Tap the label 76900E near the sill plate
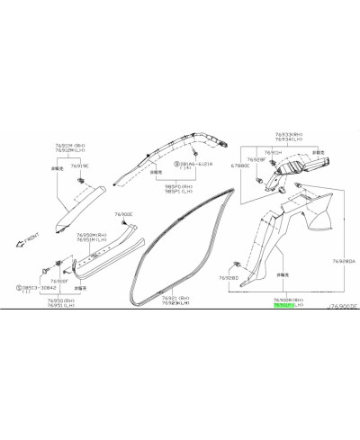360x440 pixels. tap(124, 214)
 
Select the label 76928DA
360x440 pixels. tap(343, 261)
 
